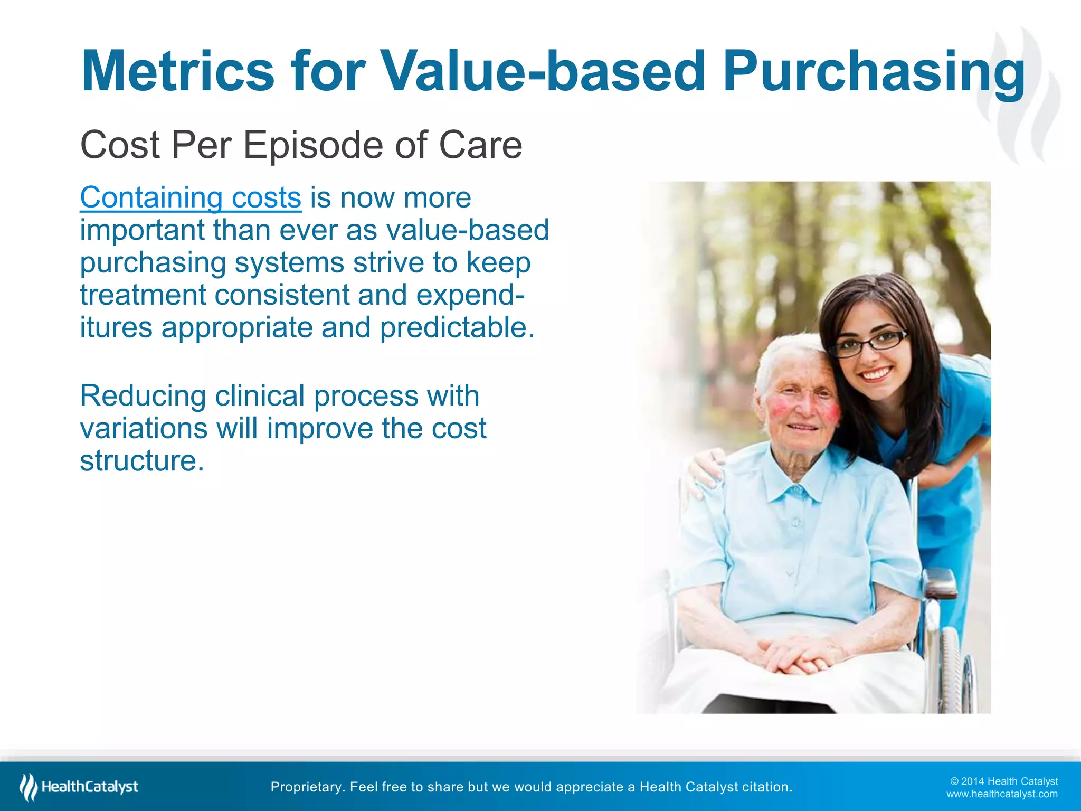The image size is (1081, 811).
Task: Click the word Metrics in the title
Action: (177, 71)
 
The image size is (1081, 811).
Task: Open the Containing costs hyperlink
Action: (191, 198)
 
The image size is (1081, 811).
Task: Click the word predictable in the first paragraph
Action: (457, 328)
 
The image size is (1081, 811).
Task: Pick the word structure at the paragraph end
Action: (141, 461)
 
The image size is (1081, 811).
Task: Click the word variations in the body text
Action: (144, 428)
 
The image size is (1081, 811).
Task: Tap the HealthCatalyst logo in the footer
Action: (79, 787)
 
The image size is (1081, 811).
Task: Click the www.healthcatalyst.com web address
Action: (1002, 794)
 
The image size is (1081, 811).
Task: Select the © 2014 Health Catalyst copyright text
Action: (1004, 781)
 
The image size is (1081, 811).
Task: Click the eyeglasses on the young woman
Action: (868, 343)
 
